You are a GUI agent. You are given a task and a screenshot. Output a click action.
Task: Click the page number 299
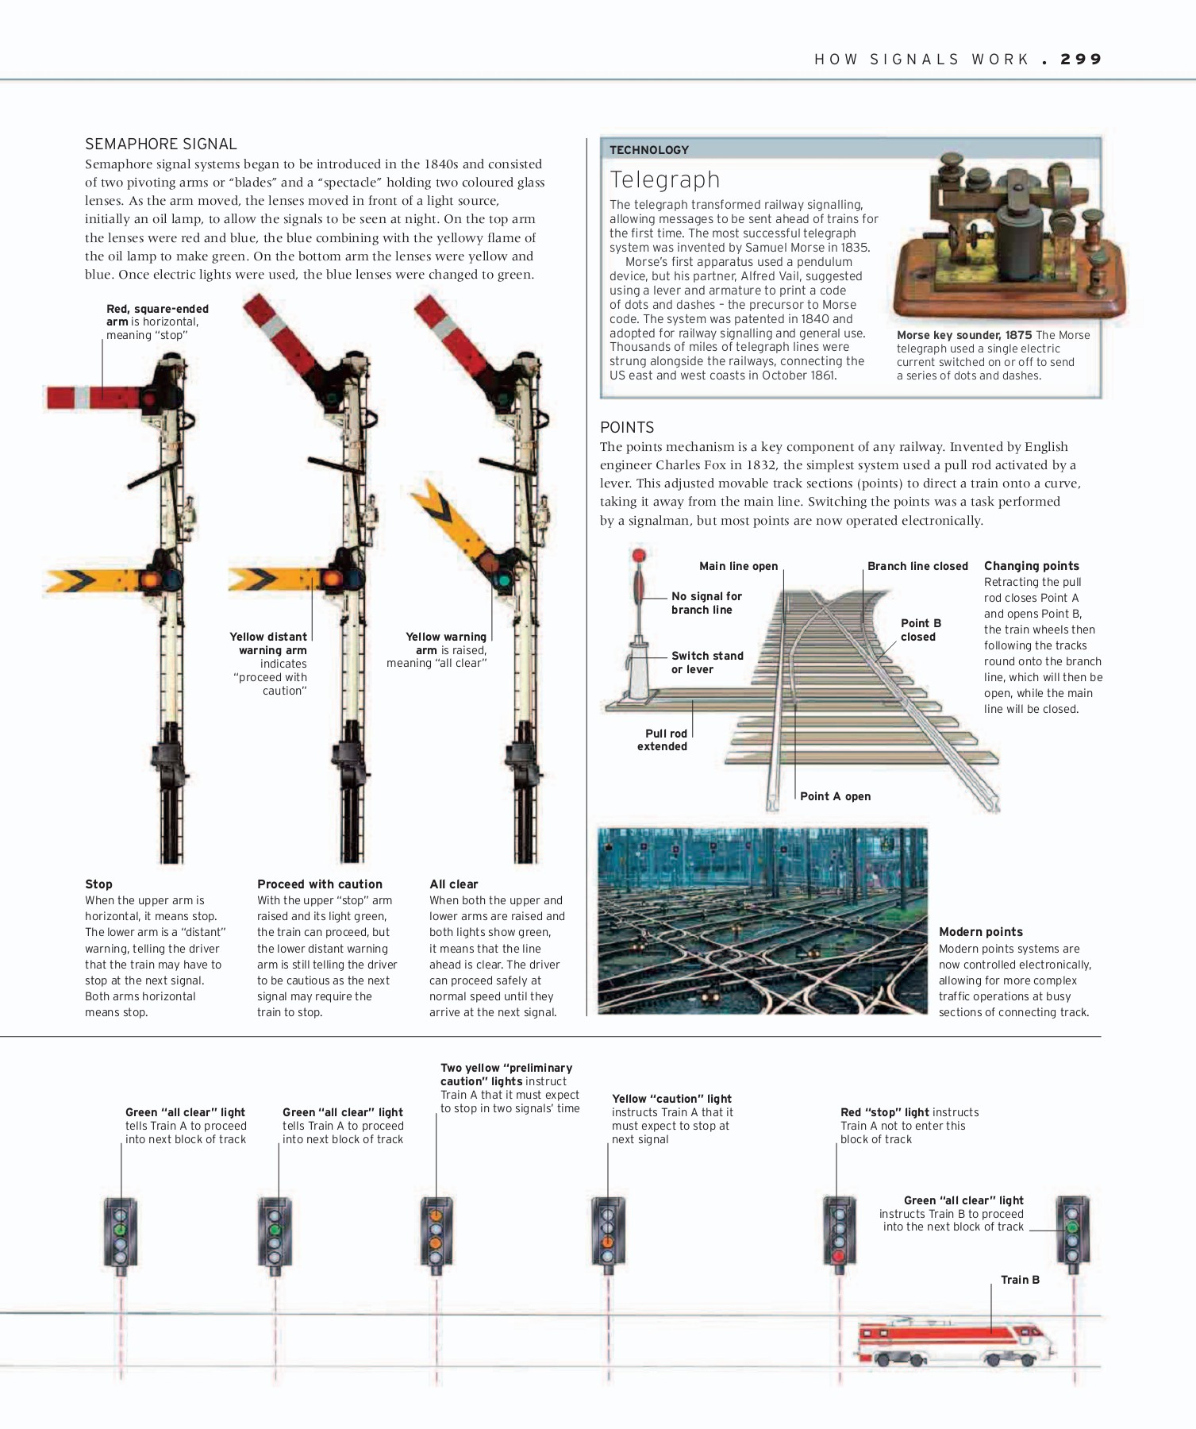(x=1081, y=60)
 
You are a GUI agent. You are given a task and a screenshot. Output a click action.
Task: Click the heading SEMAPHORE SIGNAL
(x=161, y=144)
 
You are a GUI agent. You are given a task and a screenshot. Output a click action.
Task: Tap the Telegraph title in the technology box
(x=664, y=179)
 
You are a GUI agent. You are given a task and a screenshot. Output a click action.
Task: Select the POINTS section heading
(x=627, y=427)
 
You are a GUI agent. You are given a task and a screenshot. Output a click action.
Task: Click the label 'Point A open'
(x=835, y=796)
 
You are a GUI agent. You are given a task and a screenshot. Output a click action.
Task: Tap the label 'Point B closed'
(x=920, y=630)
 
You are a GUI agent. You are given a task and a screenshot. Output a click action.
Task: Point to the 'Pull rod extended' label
(x=663, y=739)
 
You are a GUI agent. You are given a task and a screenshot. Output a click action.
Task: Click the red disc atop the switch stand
(x=639, y=557)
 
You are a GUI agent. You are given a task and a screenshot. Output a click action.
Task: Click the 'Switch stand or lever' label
(x=706, y=662)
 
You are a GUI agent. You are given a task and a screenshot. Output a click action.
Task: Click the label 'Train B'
(x=1019, y=1280)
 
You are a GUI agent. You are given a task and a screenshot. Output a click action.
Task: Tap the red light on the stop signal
(x=839, y=1256)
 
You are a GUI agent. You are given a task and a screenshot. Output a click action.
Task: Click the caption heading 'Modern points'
(x=980, y=932)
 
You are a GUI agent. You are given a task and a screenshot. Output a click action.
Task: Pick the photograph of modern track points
(x=762, y=921)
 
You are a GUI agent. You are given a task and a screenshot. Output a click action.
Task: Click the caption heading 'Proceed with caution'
(x=319, y=884)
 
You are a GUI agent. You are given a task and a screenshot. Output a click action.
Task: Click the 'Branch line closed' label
(x=917, y=566)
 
